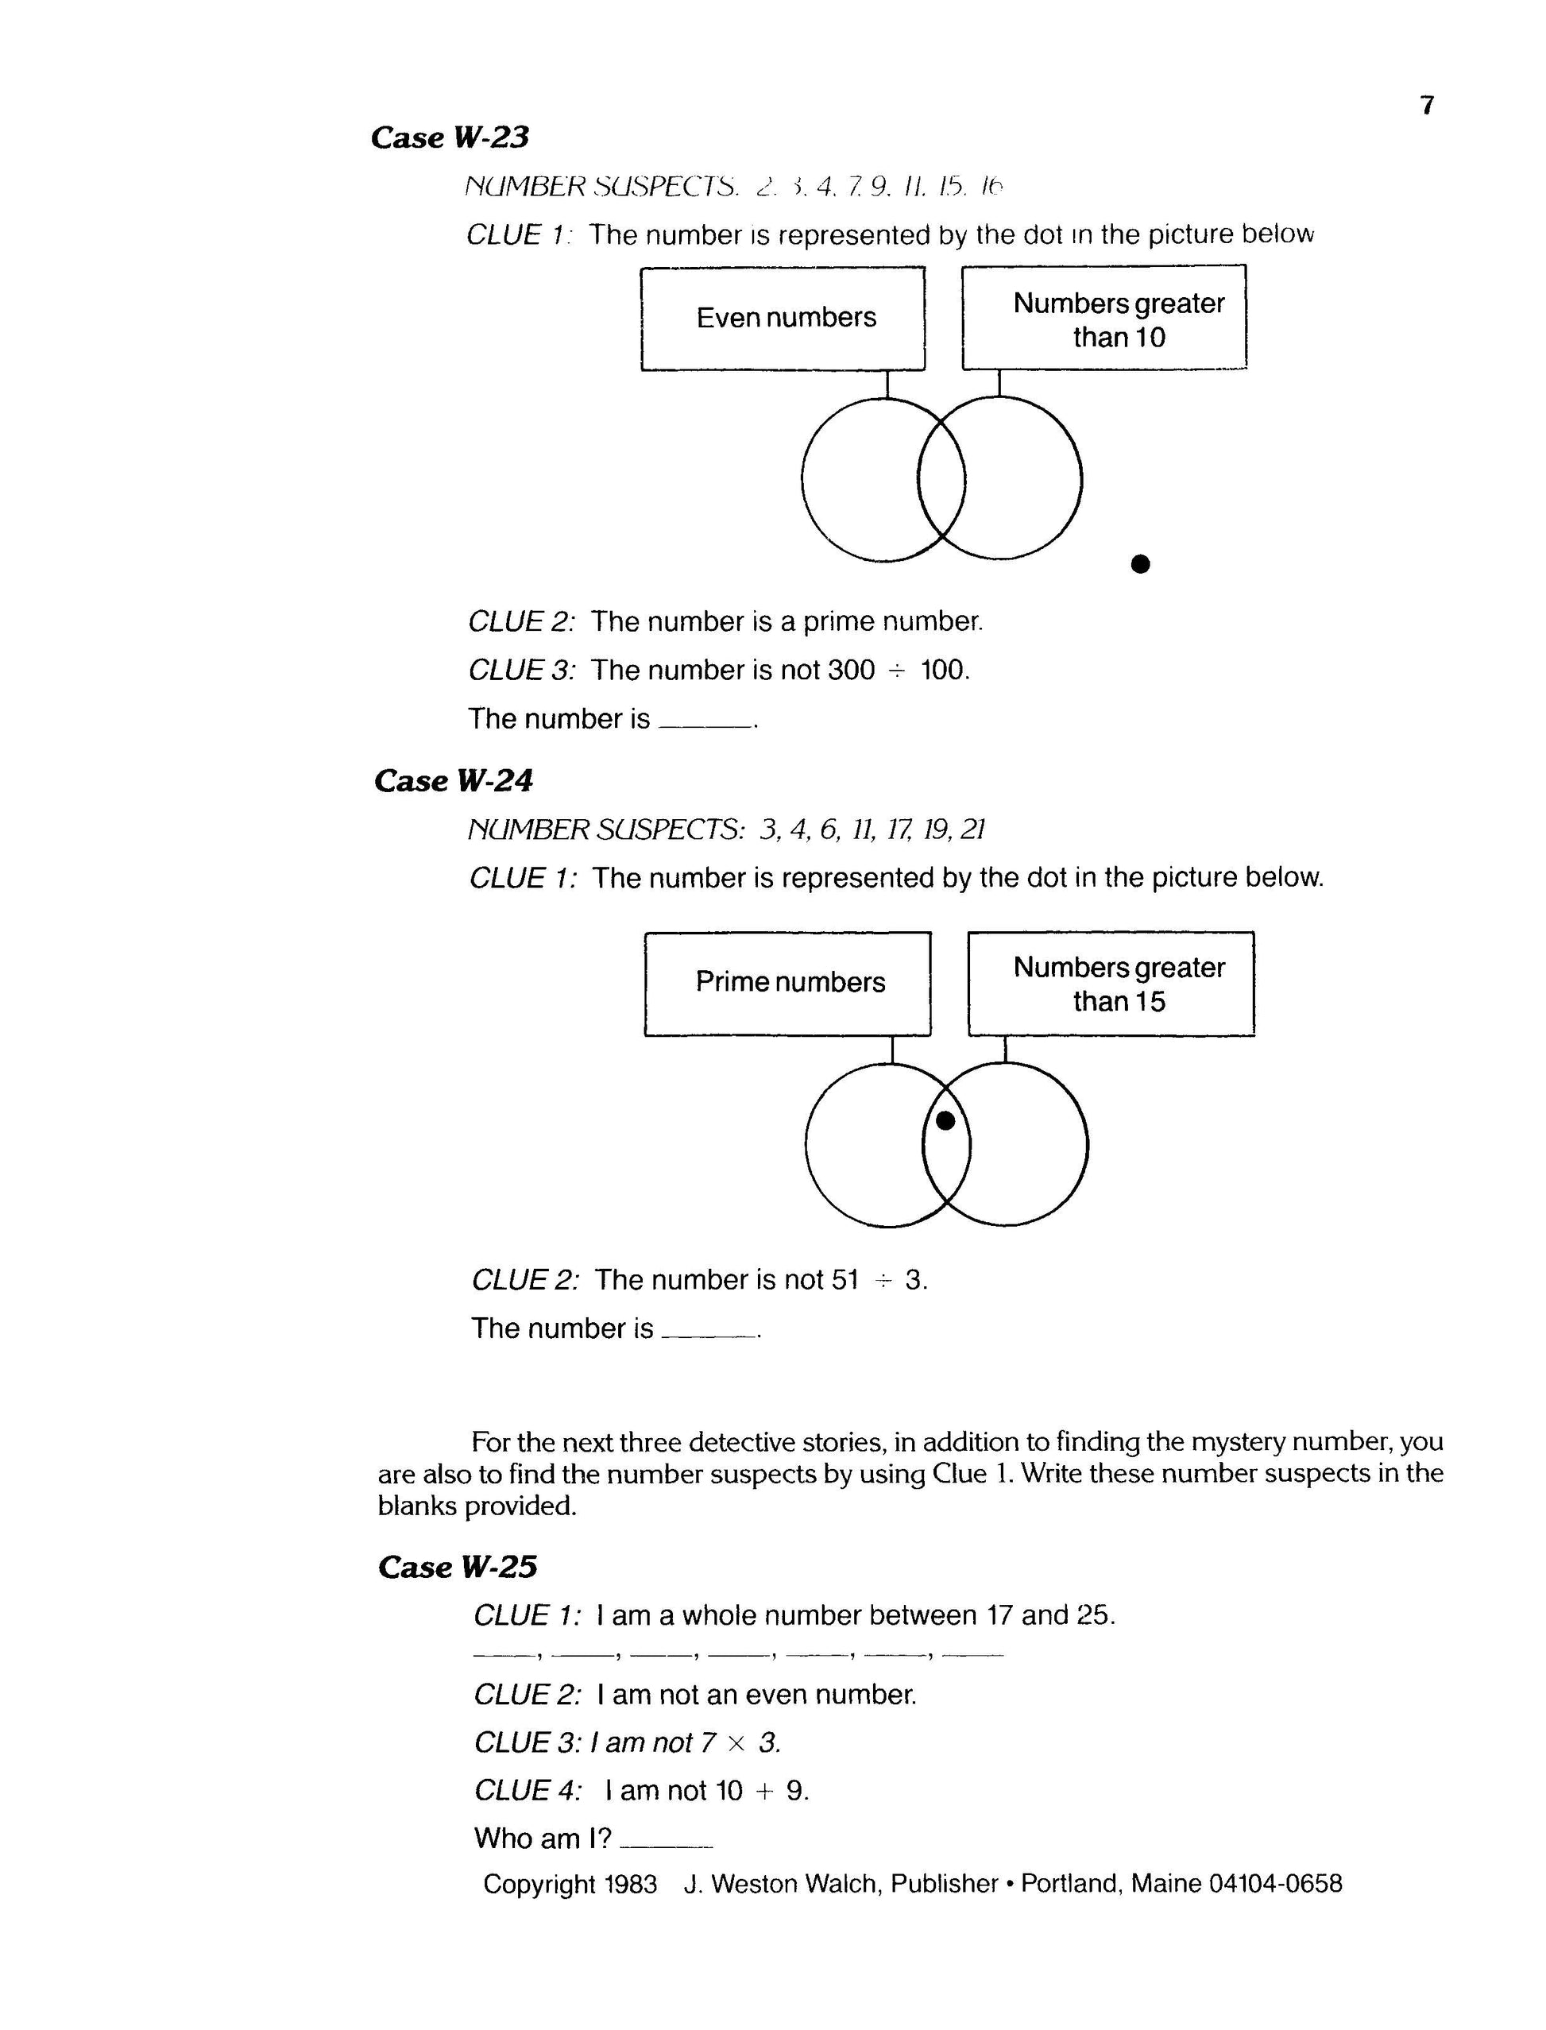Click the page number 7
pos(1426,106)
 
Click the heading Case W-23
pos(450,137)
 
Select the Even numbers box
pos(783,319)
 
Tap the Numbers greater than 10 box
pos(1104,319)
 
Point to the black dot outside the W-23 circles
pos(1140,563)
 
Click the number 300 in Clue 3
pos(850,670)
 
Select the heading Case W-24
pos(453,780)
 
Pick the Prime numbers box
pos(788,983)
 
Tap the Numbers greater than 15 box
pos(1111,983)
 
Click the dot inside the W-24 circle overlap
pos(945,1120)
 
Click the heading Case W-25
pos(457,1566)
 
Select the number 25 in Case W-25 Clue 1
pos(1093,1615)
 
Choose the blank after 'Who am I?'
pos(667,1840)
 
